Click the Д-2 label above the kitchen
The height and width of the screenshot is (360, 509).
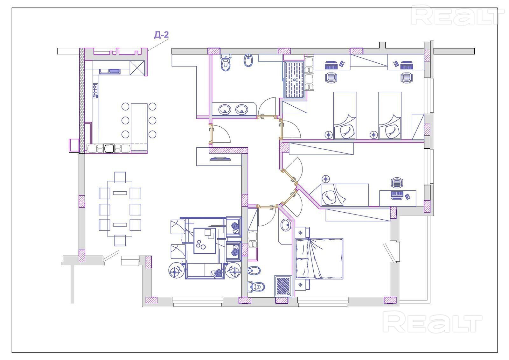point(161,35)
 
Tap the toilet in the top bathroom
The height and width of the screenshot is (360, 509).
point(226,63)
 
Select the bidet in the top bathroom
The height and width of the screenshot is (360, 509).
point(248,60)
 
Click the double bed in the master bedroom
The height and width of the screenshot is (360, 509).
point(319,258)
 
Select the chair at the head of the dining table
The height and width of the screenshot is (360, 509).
point(120,177)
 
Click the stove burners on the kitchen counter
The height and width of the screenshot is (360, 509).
point(95,90)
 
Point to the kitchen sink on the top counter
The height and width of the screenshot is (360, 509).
point(109,71)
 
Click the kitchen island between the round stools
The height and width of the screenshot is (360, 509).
point(139,120)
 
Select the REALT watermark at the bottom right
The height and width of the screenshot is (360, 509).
point(433,322)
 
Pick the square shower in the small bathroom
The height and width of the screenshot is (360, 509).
point(283,285)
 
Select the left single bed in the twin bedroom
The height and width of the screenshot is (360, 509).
point(345,116)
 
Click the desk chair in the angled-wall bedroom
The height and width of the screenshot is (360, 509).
point(396,183)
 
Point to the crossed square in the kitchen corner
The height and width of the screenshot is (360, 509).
point(138,67)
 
